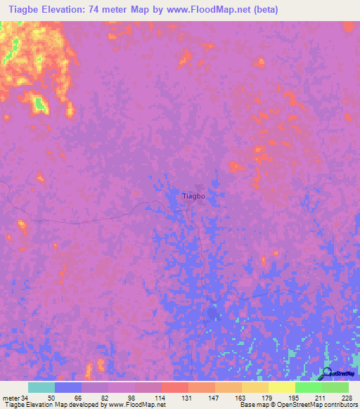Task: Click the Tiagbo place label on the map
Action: click(193, 196)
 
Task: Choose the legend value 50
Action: click(52, 398)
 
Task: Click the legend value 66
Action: click(79, 398)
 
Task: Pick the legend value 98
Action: click(132, 398)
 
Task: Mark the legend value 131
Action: click(187, 398)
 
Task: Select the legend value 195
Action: click(295, 398)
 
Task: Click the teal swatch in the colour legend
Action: click(41, 387)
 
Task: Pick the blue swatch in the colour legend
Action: click(68, 387)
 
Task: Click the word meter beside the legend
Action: click(11, 398)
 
